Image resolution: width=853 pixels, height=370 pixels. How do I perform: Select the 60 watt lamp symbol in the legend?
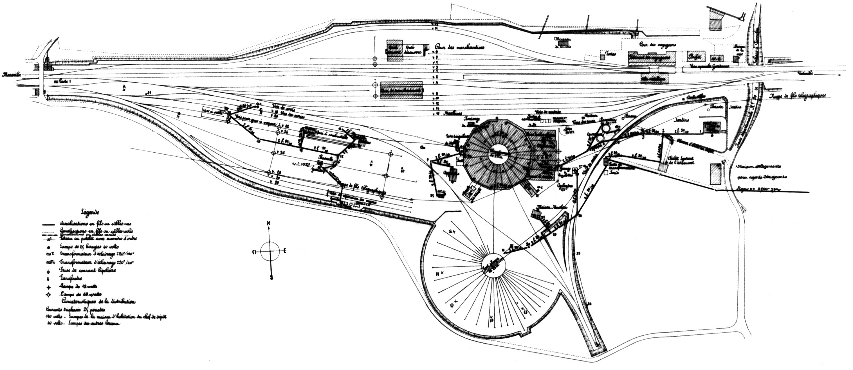49,294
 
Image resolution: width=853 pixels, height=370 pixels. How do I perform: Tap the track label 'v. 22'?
284,127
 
